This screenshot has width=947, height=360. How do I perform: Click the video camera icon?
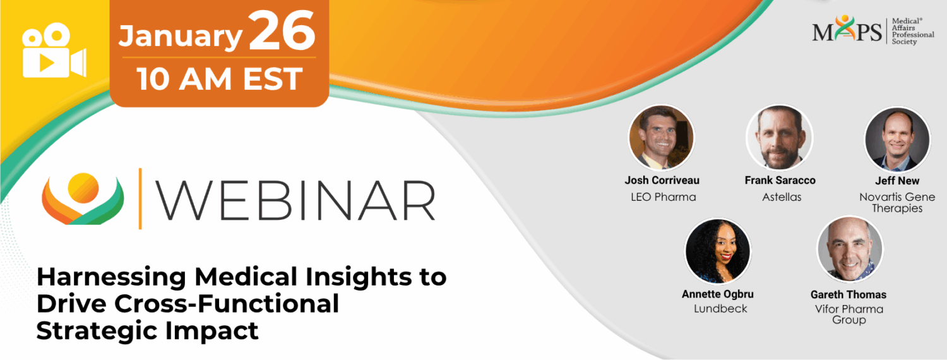pyautogui.click(x=54, y=51)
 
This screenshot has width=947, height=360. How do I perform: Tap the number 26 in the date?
pyautogui.click(x=282, y=33)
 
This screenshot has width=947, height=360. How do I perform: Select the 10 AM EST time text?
pyautogui.click(x=220, y=80)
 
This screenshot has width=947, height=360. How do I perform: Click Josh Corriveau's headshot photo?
pyautogui.click(x=661, y=138)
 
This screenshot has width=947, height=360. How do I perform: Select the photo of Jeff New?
pyautogui.click(x=896, y=139)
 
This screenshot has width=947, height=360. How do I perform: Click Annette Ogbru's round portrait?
pyautogui.click(x=718, y=251)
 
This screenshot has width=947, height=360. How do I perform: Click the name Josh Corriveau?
pyautogui.click(x=662, y=181)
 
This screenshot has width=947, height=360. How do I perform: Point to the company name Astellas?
pyautogui.click(x=781, y=197)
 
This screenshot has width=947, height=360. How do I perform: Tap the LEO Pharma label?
pyautogui.click(x=663, y=197)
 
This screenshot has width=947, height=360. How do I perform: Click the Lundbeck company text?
pyautogui.click(x=720, y=309)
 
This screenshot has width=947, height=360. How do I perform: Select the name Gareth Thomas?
pyautogui.click(x=849, y=294)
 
